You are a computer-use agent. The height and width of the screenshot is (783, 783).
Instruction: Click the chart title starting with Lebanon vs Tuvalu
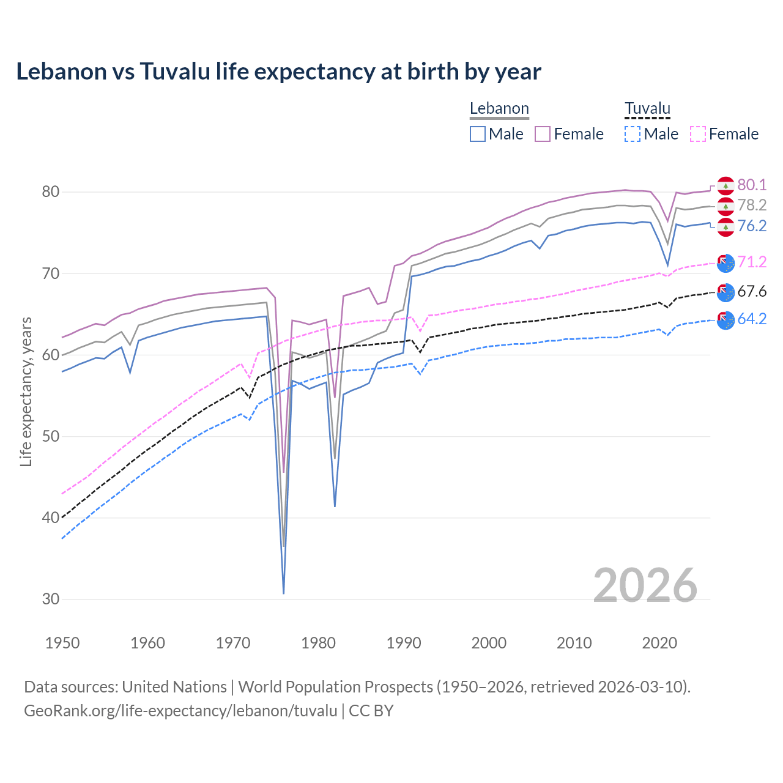(278, 72)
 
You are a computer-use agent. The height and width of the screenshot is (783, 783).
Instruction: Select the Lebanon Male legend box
(478, 134)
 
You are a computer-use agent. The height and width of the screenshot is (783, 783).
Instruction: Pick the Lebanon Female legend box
(543, 134)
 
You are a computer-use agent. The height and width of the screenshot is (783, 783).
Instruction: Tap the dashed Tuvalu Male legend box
(633, 134)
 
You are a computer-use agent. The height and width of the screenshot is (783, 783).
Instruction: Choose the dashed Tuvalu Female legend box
(698, 134)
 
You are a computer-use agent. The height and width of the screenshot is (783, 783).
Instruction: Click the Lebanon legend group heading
(499, 109)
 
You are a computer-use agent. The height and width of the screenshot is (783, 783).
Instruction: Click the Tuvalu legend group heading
(647, 109)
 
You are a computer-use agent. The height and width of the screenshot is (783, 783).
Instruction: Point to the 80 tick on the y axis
(50, 192)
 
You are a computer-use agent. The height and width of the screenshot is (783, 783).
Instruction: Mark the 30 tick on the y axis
(50, 599)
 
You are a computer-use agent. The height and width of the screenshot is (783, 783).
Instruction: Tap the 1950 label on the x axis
(62, 643)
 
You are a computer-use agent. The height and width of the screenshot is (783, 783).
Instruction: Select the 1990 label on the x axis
(404, 643)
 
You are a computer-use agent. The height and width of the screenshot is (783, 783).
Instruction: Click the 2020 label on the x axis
(659, 643)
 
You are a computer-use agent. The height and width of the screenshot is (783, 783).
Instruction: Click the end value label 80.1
(752, 185)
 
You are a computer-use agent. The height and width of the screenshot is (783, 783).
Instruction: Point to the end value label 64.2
(752, 319)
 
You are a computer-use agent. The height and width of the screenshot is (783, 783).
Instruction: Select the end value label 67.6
(752, 292)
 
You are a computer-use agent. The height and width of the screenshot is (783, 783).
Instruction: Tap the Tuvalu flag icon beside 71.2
(725, 263)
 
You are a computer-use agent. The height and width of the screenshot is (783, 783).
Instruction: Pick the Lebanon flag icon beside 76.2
(725, 227)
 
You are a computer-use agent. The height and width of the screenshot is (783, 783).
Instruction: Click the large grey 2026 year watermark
(645, 585)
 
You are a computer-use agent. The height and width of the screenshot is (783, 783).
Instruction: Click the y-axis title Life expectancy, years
(26, 391)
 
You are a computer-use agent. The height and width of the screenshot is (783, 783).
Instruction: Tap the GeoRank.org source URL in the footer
(180, 711)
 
